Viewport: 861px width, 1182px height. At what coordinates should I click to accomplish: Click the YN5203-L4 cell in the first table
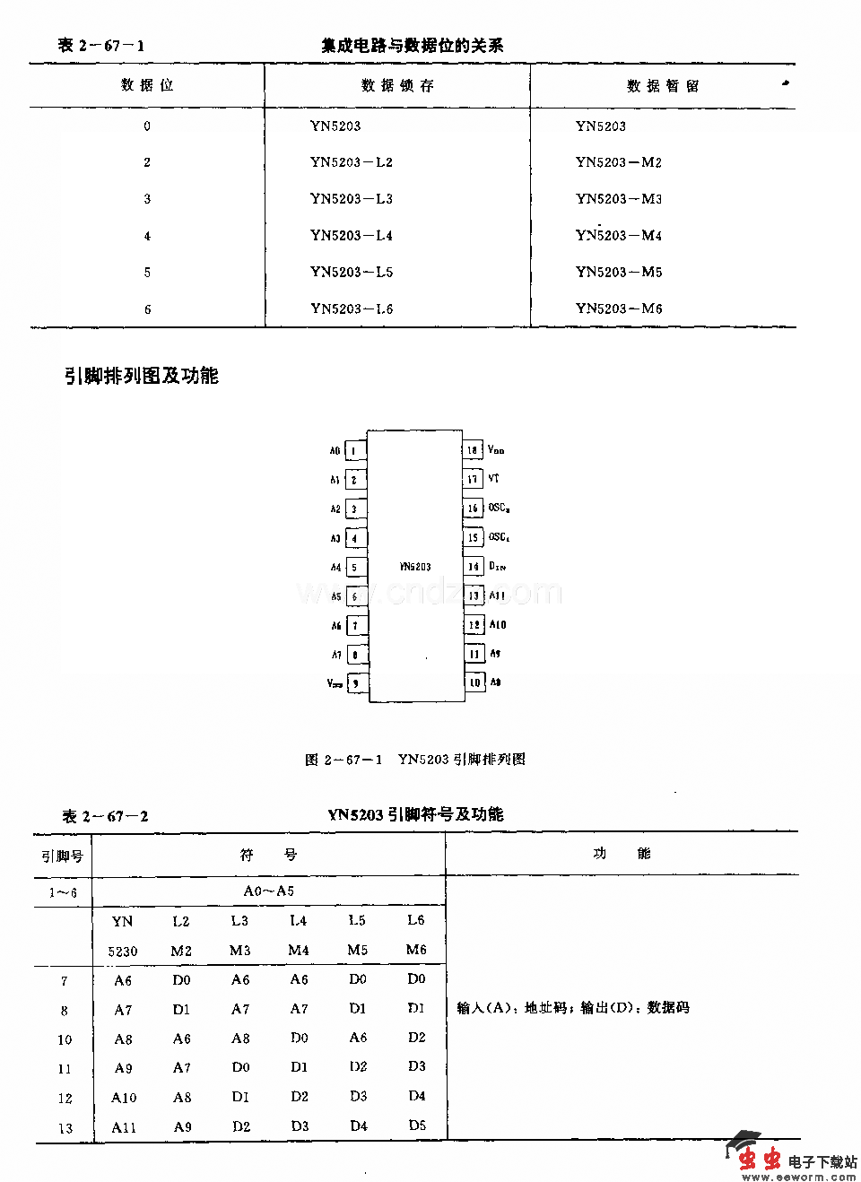pos(352,236)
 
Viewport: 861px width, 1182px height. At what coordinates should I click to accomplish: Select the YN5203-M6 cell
pos(619,309)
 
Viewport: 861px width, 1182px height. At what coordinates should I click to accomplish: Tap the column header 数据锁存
pos(397,86)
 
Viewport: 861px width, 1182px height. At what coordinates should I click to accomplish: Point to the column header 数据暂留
pos(663,86)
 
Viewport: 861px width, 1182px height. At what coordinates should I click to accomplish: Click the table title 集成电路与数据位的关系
pos(413,45)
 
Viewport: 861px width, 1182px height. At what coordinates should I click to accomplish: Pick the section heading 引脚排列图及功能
pos(142,376)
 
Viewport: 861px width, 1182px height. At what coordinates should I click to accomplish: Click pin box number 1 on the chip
pos(355,451)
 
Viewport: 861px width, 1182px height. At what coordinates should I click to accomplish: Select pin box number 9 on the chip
pos(355,683)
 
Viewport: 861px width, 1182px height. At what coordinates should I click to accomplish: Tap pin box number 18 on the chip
pos(473,450)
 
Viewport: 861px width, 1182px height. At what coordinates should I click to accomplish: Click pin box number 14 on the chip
pos(473,567)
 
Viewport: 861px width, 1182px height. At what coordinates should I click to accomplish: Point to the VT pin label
pos(494,479)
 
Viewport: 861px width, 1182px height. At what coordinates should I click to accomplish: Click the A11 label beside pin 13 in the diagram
pos(497,595)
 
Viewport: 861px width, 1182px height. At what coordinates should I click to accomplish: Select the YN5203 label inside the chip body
pos(415,567)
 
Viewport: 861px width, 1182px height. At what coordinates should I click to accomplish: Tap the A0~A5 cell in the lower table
pos(269,891)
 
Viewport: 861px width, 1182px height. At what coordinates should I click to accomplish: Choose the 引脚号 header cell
pos(63,856)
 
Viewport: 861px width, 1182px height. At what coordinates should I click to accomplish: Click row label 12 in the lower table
pos(65,1098)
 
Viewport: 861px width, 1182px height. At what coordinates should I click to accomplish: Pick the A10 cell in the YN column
pos(124,1098)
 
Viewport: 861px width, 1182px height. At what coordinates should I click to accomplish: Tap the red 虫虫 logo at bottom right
pos(758,1159)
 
